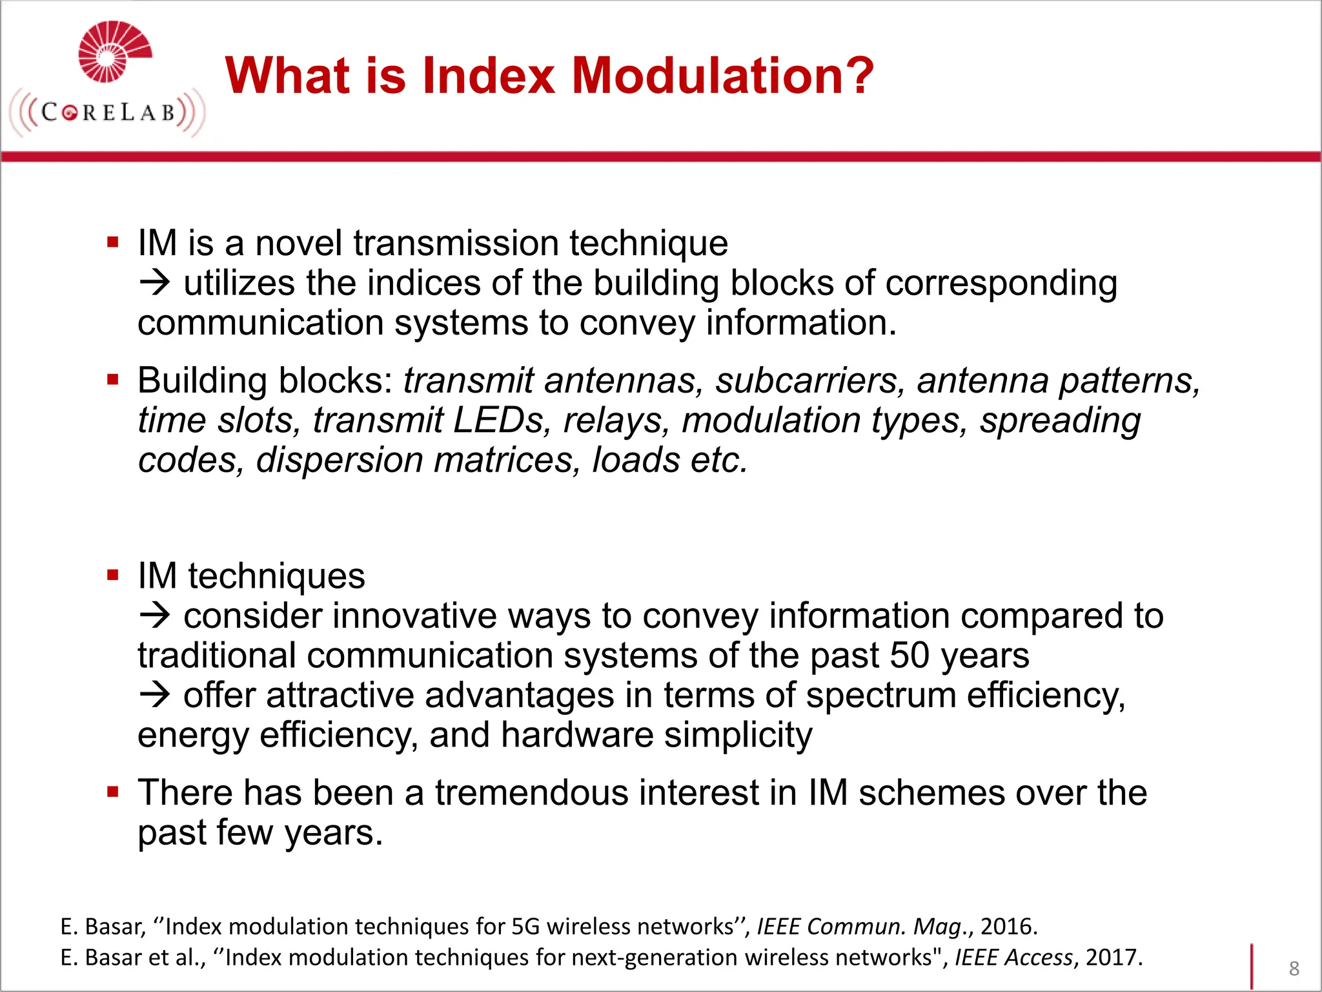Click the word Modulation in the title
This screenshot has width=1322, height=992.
tap(723, 76)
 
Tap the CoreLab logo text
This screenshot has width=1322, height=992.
tap(108, 113)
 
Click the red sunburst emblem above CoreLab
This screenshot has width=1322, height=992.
tap(114, 52)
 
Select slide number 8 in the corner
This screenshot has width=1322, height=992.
tap(1294, 968)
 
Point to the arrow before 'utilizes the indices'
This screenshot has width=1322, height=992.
tap(155, 284)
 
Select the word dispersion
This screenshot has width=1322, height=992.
tap(339, 460)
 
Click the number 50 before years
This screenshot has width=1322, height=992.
tap(909, 656)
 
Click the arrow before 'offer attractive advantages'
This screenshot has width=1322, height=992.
tap(155, 696)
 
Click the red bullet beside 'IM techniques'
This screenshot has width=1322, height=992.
tap(113, 575)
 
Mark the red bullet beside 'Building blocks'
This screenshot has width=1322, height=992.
tap(113, 380)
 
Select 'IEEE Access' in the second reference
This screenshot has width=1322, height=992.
tap(1013, 958)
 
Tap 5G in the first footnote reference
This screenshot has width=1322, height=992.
tap(525, 927)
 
